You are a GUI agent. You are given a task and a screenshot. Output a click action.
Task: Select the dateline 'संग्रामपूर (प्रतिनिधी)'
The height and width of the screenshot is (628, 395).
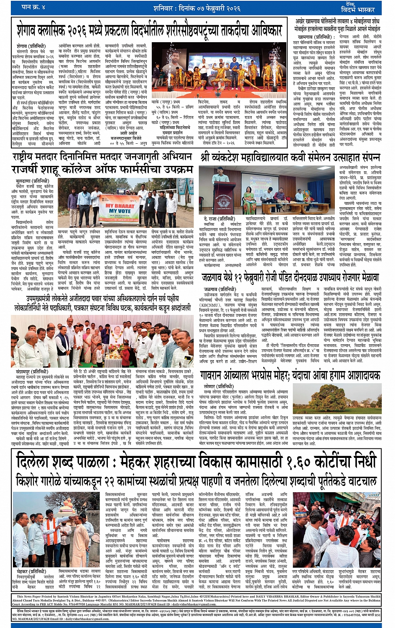click(32, 371)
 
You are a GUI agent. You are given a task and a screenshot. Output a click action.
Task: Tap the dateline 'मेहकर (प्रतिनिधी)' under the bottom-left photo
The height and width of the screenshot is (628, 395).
click(32, 571)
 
